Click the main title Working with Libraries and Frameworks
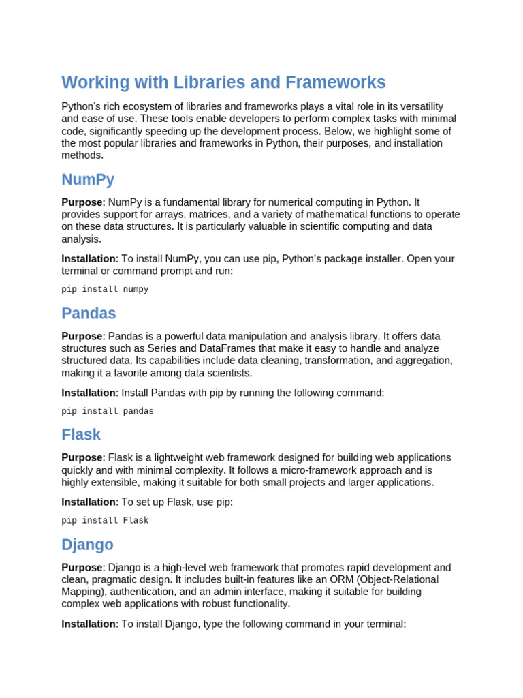pos(223,82)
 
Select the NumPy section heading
pos(88,180)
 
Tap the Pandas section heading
pos(89,314)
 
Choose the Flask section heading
pos(81,435)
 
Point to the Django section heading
pos(87,545)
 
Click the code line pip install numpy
pos(105,289)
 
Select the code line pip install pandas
pos(108,411)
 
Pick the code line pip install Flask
pos(105,520)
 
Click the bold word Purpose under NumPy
pos(82,202)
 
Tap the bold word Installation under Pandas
pos(89,393)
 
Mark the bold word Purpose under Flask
pos(82,458)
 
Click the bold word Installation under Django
pos(89,624)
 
